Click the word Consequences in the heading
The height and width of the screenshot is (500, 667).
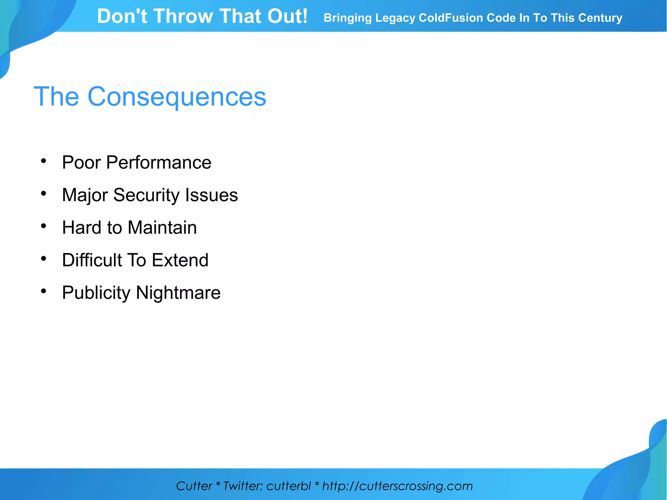[177, 97]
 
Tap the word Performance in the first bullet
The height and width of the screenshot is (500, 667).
[159, 162]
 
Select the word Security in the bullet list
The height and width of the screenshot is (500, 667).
[146, 195]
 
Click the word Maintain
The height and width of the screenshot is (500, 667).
[162, 227]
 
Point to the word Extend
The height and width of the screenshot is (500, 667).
[180, 260]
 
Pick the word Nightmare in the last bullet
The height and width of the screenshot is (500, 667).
[178, 293]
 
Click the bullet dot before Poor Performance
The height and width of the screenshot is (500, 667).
[44, 161]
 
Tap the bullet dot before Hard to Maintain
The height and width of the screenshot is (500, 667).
[44, 226]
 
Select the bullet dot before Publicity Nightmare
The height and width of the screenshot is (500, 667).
[44, 291]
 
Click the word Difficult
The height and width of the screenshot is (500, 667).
[92, 260]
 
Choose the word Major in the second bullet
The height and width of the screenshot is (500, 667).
[85, 195]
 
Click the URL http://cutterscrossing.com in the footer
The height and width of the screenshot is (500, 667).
[397, 486]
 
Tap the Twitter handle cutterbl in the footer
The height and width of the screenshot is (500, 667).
[289, 486]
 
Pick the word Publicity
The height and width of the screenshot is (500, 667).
[96, 293]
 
